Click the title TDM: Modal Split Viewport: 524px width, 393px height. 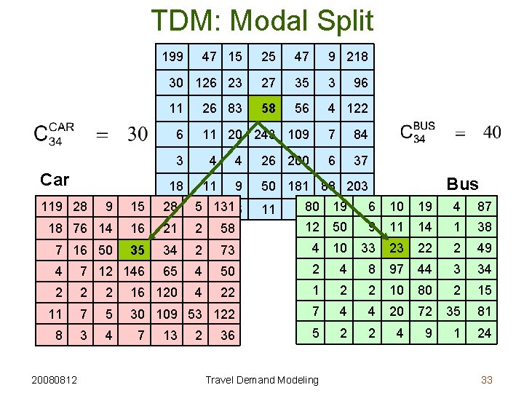(x=262, y=20)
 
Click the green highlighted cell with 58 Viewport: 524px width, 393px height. (x=269, y=108)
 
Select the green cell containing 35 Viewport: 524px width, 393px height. (x=137, y=250)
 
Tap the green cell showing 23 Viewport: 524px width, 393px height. (x=396, y=248)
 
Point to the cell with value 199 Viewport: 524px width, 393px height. (x=172, y=56)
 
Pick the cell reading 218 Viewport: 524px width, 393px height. (x=357, y=56)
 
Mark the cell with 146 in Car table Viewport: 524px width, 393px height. (x=134, y=271)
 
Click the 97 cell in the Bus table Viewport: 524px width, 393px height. (x=396, y=269)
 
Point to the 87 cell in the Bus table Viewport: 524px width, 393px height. (x=484, y=207)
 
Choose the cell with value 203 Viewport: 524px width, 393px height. (x=357, y=186)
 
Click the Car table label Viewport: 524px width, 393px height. (x=55, y=180)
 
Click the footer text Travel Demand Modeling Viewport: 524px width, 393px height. (x=261, y=379)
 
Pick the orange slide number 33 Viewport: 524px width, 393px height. (x=487, y=379)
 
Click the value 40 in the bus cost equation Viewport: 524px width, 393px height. (x=492, y=132)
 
